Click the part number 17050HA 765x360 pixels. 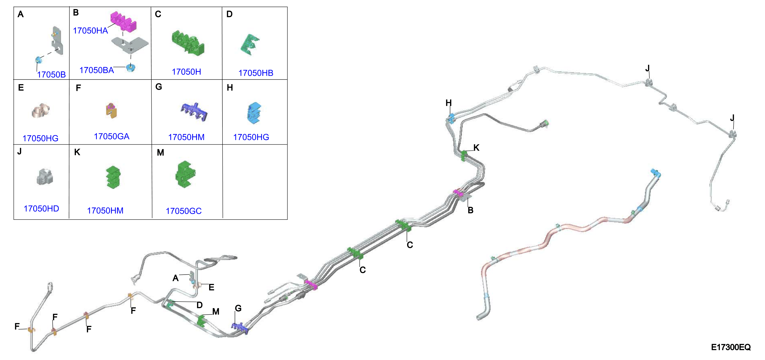click(90, 31)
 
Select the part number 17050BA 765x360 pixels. click(97, 70)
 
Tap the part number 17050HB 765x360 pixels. click(256, 73)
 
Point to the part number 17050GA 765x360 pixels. click(112, 136)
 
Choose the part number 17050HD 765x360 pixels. click(41, 209)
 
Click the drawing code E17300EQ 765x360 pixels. click(731, 347)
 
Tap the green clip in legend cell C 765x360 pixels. click(188, 43)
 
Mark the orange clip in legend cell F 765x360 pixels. click(111, 110)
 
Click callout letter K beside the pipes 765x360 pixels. click(476, 148)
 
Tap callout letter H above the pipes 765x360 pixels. click(448, 103)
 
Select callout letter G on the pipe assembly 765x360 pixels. click(238, 308)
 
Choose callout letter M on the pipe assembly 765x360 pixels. click(216, 311)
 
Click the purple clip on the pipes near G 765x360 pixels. click(240, 328)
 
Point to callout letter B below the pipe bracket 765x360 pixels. click(470, 210)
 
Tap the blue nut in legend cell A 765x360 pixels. click(38, 60)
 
